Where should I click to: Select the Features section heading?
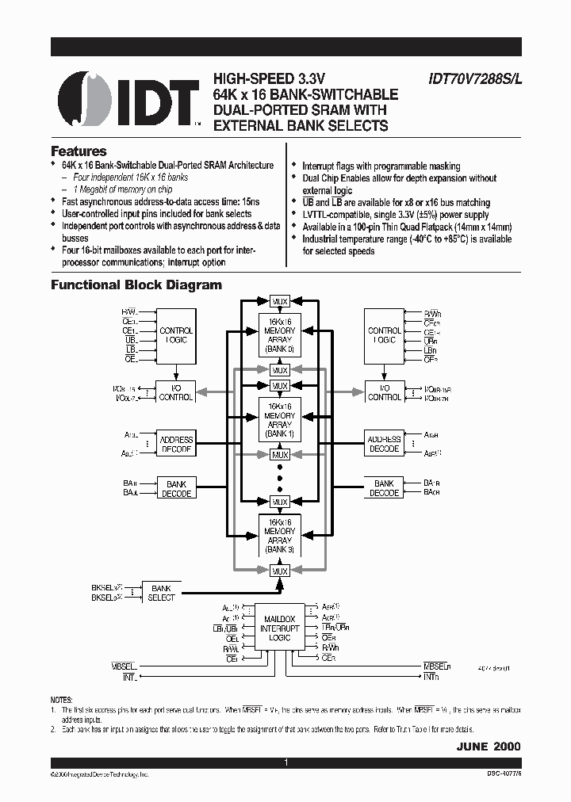click(79, 151)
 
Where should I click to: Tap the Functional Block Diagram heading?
click(136, 285)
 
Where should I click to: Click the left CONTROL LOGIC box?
click(176, 335)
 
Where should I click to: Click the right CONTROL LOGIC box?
click(385, 335)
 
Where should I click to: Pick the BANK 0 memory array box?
click(279, 336)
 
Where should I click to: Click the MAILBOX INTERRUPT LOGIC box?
click(279, 628)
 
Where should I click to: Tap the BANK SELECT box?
click(161, 593)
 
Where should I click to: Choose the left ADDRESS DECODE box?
click(176, 444)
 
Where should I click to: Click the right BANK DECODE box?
click(385, 488)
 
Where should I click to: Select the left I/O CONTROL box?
click(176, 391)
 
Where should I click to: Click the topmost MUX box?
click(279, 302)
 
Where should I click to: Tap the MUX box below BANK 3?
click(279, 571)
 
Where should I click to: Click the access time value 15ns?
click(238, 201)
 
